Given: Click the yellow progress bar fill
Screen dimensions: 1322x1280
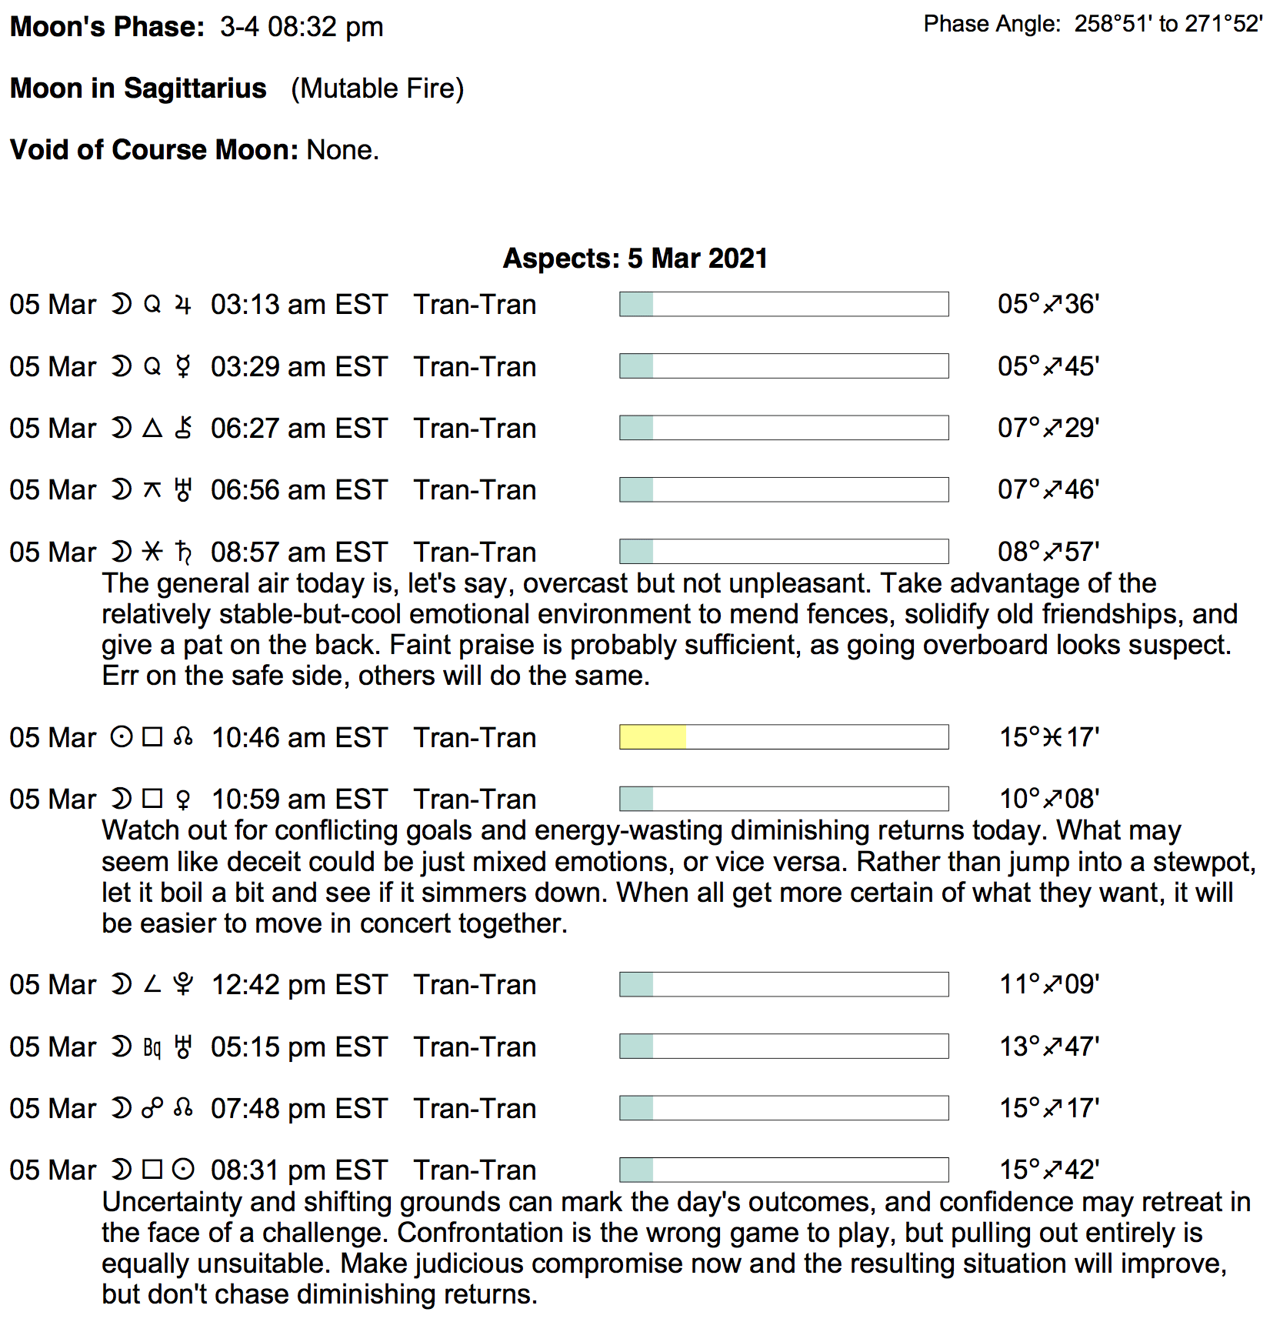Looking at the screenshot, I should pos(652,737).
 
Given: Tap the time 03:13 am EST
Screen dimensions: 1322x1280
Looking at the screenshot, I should pos(298,305).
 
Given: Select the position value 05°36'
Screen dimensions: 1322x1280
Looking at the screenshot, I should pos(1048,305).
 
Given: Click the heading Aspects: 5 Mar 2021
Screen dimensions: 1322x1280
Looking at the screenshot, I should pos(635,259).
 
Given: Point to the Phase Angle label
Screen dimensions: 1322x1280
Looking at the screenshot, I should pos(992,25).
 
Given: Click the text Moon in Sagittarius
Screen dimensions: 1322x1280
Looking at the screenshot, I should pos(138,88).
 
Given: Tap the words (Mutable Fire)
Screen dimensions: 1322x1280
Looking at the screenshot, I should pos(377,88).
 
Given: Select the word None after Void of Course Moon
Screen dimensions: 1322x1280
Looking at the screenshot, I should pos(342,150).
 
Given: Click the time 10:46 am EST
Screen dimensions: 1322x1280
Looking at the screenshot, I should pos(298,738).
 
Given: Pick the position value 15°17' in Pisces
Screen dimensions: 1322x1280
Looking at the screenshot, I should pos(1048,738).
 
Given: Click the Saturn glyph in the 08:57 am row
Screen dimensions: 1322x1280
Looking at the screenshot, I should pos(183,552).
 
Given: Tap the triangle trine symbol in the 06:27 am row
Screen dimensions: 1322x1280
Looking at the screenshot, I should pos(152,429).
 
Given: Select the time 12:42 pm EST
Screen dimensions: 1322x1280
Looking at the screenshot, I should pos(298,985).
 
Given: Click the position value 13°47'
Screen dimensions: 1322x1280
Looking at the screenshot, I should pos(1048,1047).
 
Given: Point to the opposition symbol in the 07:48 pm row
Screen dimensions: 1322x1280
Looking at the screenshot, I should pos(152,1109).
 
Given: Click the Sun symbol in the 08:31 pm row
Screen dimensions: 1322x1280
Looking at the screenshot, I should pos(183,1170).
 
